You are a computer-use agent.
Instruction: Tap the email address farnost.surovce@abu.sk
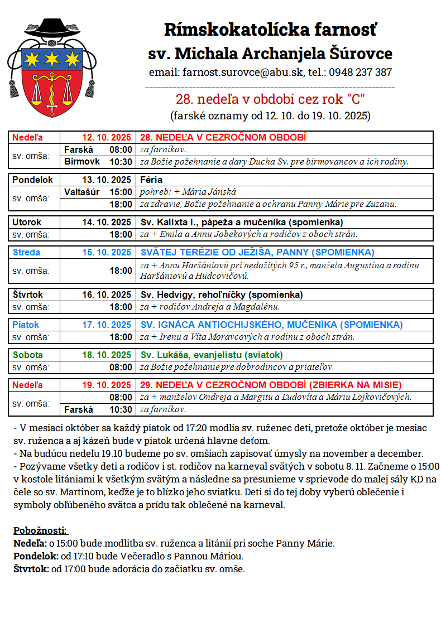234,73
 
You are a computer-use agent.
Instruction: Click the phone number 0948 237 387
360,73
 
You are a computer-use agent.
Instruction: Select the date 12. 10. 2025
106,137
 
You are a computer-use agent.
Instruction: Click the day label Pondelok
33,180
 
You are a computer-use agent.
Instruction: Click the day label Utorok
27,222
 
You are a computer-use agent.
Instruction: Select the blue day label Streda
27,252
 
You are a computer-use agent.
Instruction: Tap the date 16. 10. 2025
106,294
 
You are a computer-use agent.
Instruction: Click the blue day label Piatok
26,325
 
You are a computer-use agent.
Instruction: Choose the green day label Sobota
28,355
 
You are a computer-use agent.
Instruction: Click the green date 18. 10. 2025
106,355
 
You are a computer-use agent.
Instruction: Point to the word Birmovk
82,162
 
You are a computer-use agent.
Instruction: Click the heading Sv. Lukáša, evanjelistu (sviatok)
212,355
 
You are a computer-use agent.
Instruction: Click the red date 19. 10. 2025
106,385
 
